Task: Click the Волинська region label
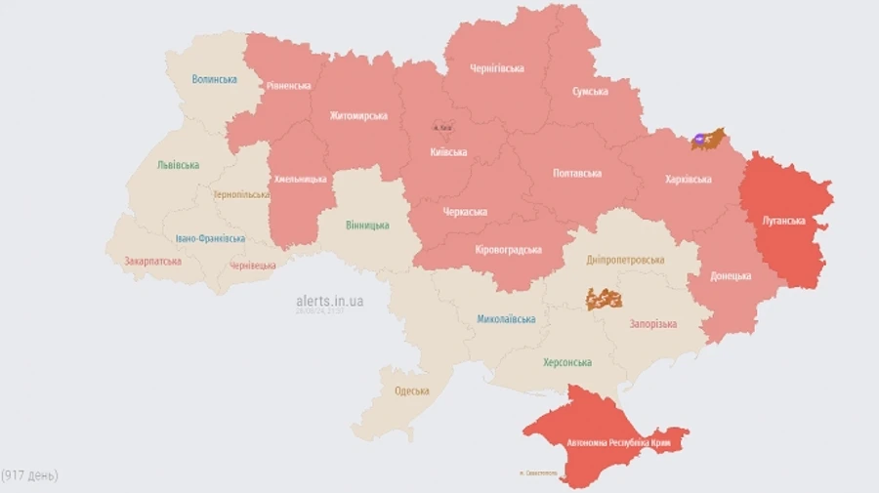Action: click(215, 79)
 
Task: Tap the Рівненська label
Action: click(288, 85)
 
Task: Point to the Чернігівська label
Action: click(496, 68)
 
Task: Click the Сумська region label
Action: click(590, 92)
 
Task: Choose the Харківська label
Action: click(689, 180)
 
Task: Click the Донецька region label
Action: click(732, 276)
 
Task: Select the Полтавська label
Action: click(577, 173)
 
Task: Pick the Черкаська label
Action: click(464, 212)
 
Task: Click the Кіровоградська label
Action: click(508, 250)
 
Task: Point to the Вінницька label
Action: click(366, 226)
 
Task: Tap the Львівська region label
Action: click(178, 165)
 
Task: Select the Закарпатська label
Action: click(152, 262)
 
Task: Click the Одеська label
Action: click(412, 391)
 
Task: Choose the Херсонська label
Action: click(567, 362)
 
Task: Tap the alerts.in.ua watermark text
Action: click(329, 302)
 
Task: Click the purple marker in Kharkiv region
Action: click(699, 140)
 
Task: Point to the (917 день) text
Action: click(30, 475)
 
